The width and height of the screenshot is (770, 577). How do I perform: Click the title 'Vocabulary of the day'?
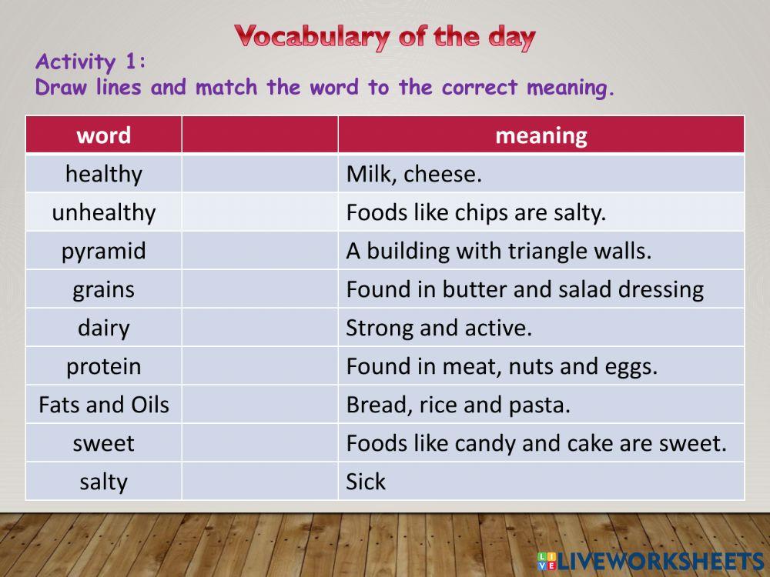pyautogui.click(x=385, y=36)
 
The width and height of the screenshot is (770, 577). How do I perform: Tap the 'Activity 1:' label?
pyautogui.click(x=91, y=62)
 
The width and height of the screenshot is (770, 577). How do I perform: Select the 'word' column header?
pyautogui.click(x=104, y=135)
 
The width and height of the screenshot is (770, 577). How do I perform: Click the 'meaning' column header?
pyautogui.click(x=541, y=135)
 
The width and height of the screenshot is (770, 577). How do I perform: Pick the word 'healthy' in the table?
pyautogui.click(x=104, y=174)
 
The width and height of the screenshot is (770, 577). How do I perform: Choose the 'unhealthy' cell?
pyautogui.click(x=104, y=212)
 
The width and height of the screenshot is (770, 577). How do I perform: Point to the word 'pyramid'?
pyautogui.click(x=104, y=251)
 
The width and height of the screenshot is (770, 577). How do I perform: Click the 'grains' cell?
pyautogui.click(x=104, y=289)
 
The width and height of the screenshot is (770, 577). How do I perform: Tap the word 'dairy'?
pyautogui.click(x=104, y=328)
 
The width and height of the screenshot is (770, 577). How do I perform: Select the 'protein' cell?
pyautogui.click(x=104, y=366)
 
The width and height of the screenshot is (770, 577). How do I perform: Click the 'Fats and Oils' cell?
pyautogui.click(x=104, y=405)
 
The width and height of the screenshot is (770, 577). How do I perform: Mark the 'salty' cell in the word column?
pyautogui.click(x=104, y=482)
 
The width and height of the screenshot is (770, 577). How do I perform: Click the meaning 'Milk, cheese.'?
pyautogui.click(x=413, y=174)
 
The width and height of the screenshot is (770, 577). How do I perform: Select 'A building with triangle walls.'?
pyautogui.click(x=498, y=251)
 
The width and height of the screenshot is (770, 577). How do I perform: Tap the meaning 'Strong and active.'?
pyautogui.click(x=439, y=328)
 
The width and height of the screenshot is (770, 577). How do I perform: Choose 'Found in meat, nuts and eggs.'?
pyautogui.click(x=501, y=366)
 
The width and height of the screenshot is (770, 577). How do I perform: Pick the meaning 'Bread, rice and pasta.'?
pyautogui.click(x=458, y=405)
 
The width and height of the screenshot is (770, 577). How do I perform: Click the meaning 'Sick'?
pyautogui.click(x=366, y=482)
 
